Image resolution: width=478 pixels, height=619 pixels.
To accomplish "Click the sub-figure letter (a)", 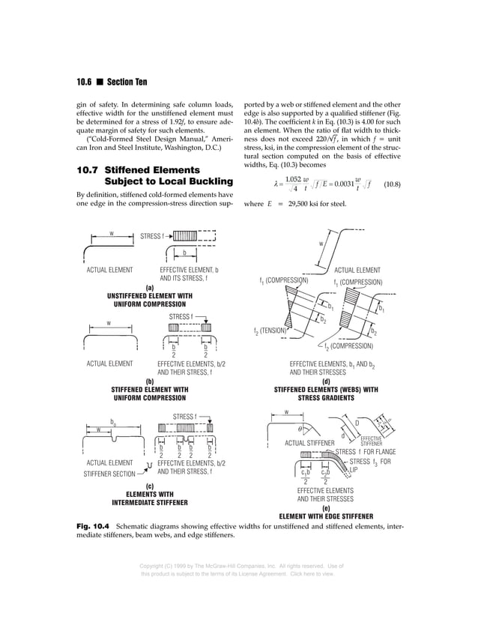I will [x=149, y=287].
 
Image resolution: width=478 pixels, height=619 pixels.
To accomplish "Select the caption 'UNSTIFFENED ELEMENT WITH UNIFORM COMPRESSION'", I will [x=149, y=301].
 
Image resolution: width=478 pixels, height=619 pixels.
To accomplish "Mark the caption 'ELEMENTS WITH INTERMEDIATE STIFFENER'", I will [x=149, y=498].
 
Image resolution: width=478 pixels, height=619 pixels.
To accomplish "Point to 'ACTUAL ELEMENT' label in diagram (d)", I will [x=357, y=270].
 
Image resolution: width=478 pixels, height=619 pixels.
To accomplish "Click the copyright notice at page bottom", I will [x=238, y=569].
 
